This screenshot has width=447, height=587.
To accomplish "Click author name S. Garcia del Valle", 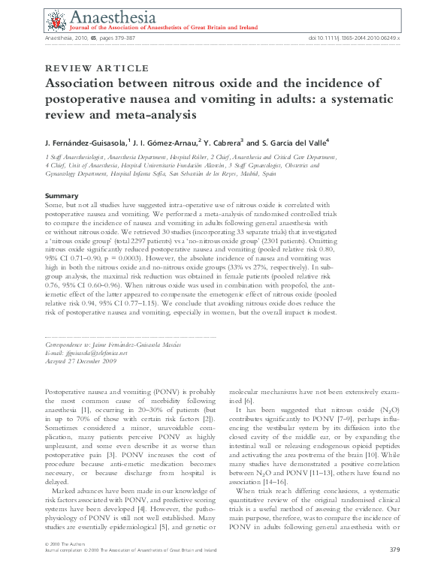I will pyautogui.click(x=297, y=142).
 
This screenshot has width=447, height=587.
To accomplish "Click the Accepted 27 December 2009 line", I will pyautogui.click(x=79, y=359).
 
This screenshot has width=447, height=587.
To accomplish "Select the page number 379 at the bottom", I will pyautogui.click(x=394, y=571).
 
